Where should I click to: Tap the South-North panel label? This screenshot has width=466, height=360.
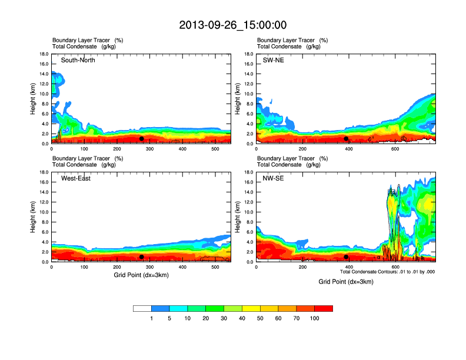[78, 60]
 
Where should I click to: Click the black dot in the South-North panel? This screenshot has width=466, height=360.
[142, 139]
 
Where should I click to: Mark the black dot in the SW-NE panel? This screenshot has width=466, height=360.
[346, 139]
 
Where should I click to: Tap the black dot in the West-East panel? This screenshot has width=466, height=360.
[142, 257]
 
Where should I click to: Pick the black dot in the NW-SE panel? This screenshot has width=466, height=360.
[346, 257]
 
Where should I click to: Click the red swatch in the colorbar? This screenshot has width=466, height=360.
[324, 308]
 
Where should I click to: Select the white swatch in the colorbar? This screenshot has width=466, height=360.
[142, 308]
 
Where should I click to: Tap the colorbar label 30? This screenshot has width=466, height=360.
[224, 318]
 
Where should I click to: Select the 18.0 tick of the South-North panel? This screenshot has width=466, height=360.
[44, 54]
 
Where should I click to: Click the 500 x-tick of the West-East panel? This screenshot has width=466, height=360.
[215, 267]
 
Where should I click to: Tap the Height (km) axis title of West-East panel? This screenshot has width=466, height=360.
[34, 217]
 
